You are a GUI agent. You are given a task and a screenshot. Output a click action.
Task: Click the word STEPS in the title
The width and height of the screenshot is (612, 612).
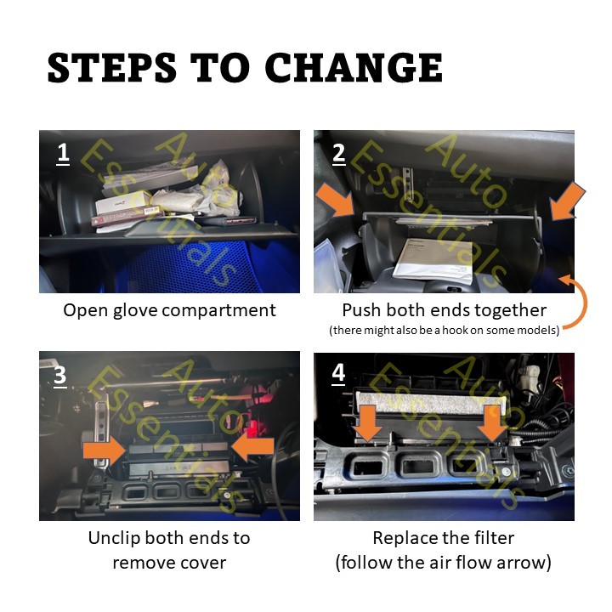[112, 67]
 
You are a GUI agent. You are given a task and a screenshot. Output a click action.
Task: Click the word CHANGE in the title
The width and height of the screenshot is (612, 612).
[354, 67]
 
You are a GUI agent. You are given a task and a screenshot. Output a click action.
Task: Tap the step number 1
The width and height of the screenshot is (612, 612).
[63, 153]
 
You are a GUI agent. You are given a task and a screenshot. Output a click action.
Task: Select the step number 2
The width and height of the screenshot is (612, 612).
[338, 153]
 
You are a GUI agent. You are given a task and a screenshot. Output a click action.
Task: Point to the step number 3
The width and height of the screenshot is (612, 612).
[60, 376]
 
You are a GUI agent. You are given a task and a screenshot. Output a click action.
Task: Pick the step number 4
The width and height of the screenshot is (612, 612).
[338, 373]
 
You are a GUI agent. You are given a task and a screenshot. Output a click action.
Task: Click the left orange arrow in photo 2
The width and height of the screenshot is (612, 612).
[335, 200]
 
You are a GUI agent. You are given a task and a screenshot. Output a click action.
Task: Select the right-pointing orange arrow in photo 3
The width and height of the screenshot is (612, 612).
[105, 450]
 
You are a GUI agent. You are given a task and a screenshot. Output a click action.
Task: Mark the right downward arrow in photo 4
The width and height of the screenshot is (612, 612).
[491, 422]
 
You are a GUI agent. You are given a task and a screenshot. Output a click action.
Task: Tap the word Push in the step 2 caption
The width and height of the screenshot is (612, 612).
[361, 310]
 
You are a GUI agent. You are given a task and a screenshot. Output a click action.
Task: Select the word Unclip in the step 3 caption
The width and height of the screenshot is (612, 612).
[115, 538]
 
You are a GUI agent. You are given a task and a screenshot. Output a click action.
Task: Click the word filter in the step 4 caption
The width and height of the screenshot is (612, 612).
[494, 538]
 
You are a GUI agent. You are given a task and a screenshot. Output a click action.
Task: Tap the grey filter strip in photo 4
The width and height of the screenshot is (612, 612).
[431, 405]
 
